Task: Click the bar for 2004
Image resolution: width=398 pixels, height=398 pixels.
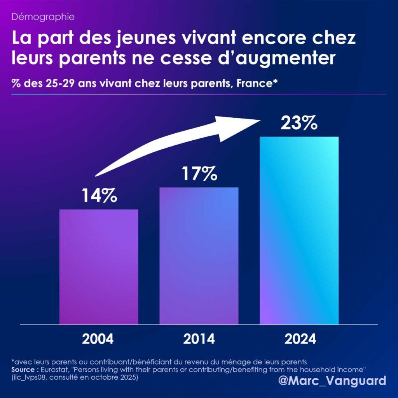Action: pyautogui.click(x=99, y=267)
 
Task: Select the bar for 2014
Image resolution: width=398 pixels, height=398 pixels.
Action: pyautogui.click(x=199, y=256)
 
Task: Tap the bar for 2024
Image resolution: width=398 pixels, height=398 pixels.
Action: pyautogui.click(x=299, y=230)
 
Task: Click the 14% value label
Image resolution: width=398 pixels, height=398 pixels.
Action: pyautogui.click(x=99, y=196)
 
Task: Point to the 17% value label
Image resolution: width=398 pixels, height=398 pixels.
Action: pyautogui.click(x=199, y=174)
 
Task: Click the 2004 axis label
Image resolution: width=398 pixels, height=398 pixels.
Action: pyautogui.click(x=98, y=339)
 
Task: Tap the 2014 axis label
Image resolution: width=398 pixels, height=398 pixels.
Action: pyautogui.click(x=199, y=339)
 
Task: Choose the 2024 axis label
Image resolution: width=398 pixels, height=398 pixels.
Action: pyautogui.click(x=300, y=339)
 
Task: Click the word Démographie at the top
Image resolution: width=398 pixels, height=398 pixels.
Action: pyautogui.click(x=38, y=17)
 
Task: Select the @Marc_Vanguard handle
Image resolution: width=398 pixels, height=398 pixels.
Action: pyautogui.click(x=333, y=380)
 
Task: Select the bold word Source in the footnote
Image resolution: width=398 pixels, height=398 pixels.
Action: pyautogui.click(x=24, y=368)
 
